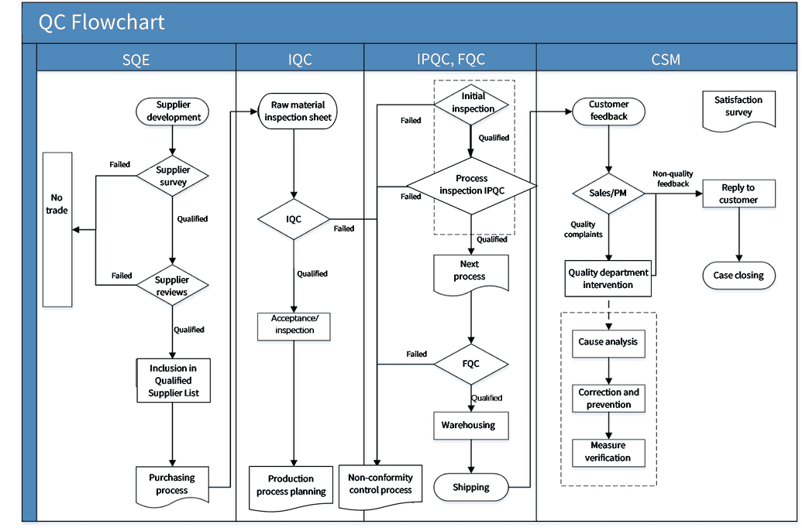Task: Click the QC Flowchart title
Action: (102, 22)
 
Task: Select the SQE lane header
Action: (136, 59)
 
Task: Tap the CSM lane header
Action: (666, 59)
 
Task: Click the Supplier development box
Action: (172, 111)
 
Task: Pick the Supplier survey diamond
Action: (172, 176)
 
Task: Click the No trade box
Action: (57, 229)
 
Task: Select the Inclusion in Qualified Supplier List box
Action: (174, 380)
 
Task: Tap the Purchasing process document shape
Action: (172, 485)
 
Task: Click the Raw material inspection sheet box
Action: (298, 111)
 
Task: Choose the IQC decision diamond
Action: (294, 219)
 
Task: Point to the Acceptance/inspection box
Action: (294, 326)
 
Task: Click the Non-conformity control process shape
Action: (380, 486)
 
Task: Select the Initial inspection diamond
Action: (472, 105)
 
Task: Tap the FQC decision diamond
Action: (471, 364)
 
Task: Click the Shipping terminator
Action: (471, 487)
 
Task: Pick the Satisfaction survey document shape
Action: (738, 110)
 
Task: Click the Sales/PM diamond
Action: (608, 194)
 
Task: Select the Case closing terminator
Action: (739, 276)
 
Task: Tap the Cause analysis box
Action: (608, 343)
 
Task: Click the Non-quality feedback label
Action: (673, 179)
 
